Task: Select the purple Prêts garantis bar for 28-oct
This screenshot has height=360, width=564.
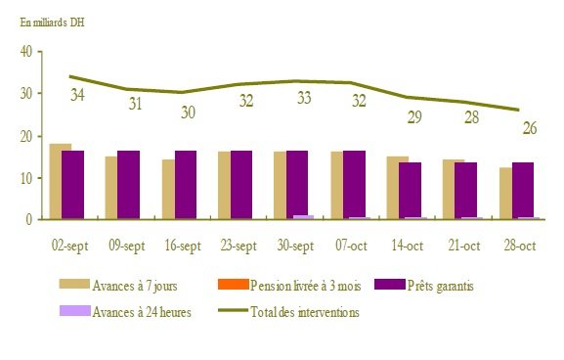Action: click(523, 190)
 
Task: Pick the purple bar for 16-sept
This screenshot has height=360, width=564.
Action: click(185, 185)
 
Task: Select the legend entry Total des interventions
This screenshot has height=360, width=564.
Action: click(305, 312)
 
